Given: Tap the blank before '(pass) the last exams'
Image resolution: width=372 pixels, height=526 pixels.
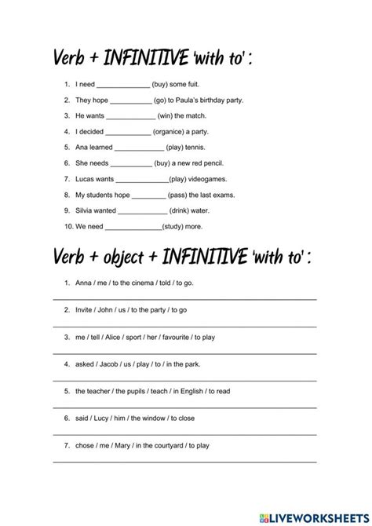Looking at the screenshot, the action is click(148, 195).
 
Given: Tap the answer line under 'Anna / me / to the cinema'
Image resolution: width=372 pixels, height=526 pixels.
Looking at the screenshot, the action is click(185, 300).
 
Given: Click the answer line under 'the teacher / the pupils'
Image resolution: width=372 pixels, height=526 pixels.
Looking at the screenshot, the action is click(185, 407).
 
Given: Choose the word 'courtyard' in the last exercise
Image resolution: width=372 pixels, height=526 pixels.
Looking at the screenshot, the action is click(162, 446).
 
